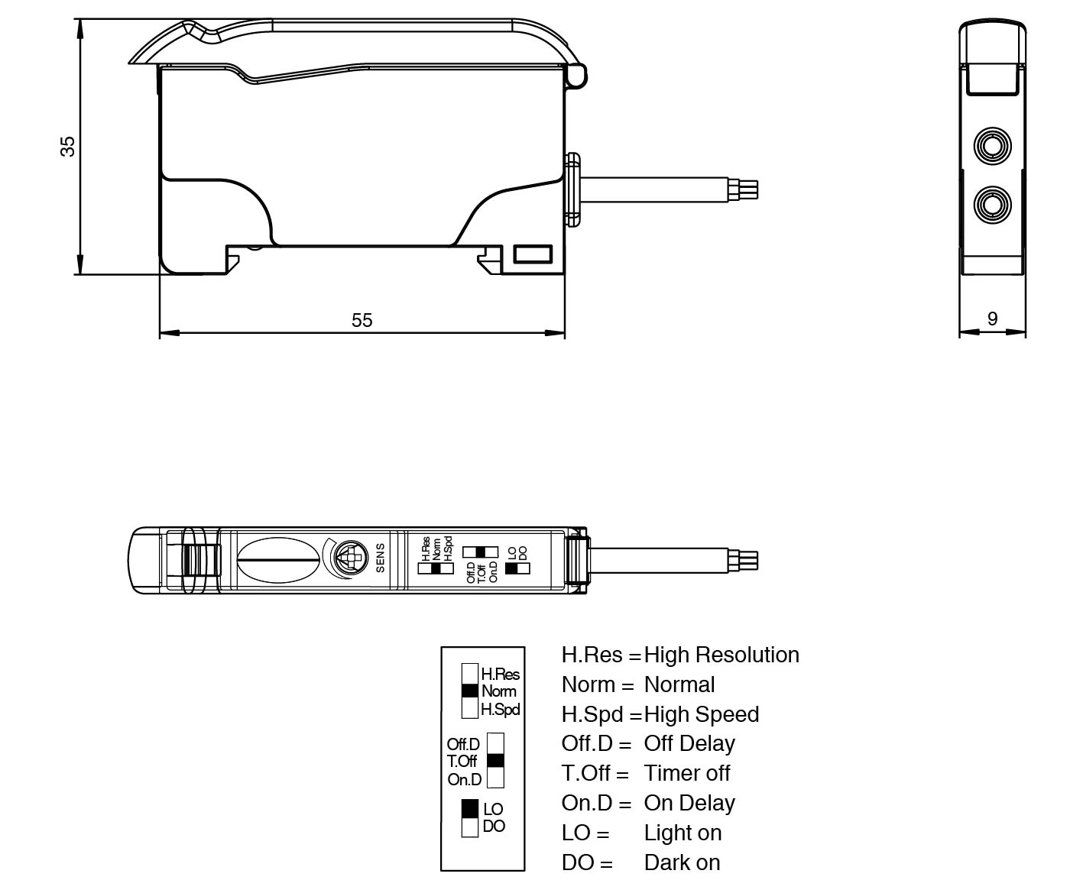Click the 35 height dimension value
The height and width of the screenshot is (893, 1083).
point(68,145)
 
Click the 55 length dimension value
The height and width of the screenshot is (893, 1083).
point(362,320)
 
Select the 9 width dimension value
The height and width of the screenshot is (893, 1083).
point(992,319)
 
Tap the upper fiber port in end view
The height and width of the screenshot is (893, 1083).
point(992,145)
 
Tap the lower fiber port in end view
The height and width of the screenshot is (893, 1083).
point(992,204)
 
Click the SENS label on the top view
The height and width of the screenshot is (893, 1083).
point(380,558)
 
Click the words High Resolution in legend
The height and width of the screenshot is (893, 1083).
point(721,655)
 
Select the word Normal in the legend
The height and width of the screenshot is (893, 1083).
point(679,684)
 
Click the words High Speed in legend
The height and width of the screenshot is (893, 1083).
point(702,714)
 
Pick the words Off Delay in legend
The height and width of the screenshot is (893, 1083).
point(689,743)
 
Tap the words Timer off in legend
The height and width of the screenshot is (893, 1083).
point(687,773)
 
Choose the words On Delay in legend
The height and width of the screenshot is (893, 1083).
point(689,803)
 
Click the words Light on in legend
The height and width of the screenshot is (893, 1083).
point(683,833)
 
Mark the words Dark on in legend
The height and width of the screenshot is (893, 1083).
point(682,862)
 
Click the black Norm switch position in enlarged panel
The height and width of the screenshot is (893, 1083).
point(470,691)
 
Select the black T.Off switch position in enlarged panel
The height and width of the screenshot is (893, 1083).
point(495,760)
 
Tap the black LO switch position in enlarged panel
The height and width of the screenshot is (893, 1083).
point(470,808)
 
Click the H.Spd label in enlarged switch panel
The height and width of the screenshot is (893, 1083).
point(501,710)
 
